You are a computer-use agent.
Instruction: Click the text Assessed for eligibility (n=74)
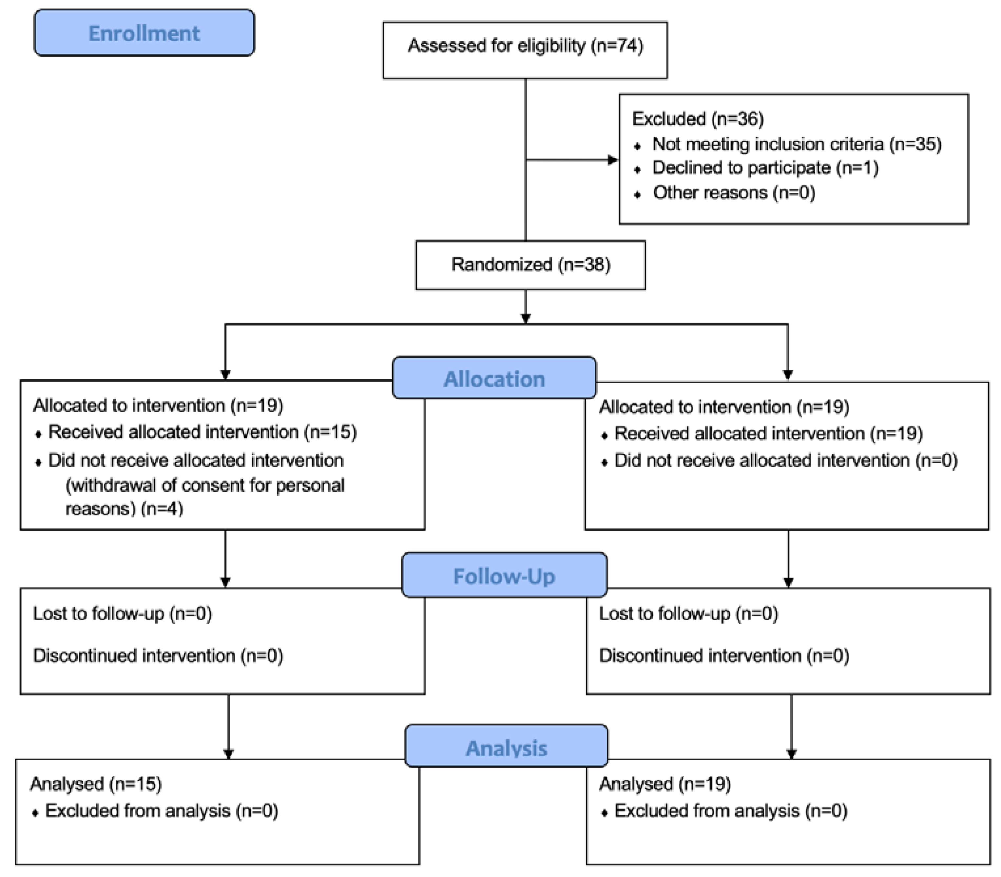(525, 46)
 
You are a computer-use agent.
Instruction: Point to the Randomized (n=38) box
(530, 265)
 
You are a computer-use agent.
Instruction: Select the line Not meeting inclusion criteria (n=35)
(797, 144)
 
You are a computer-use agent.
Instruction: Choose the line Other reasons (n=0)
(734, 192)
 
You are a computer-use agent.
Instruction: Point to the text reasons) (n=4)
(124, 509)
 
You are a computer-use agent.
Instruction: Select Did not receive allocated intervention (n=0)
(785, 461)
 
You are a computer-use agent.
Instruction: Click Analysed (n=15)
(96, 784)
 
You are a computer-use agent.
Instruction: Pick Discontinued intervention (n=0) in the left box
(158, 655)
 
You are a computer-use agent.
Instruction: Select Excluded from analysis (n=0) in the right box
(731, 811)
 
